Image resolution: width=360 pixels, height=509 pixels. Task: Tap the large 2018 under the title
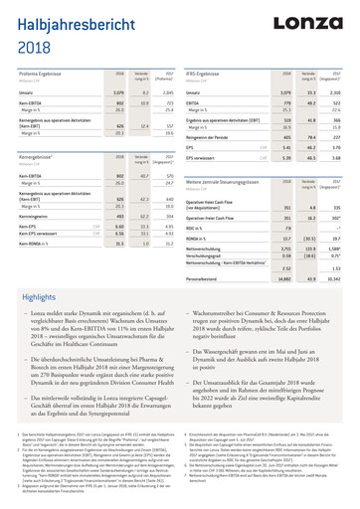click(36, 48)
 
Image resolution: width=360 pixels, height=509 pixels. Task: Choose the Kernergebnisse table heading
click(43, 156)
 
